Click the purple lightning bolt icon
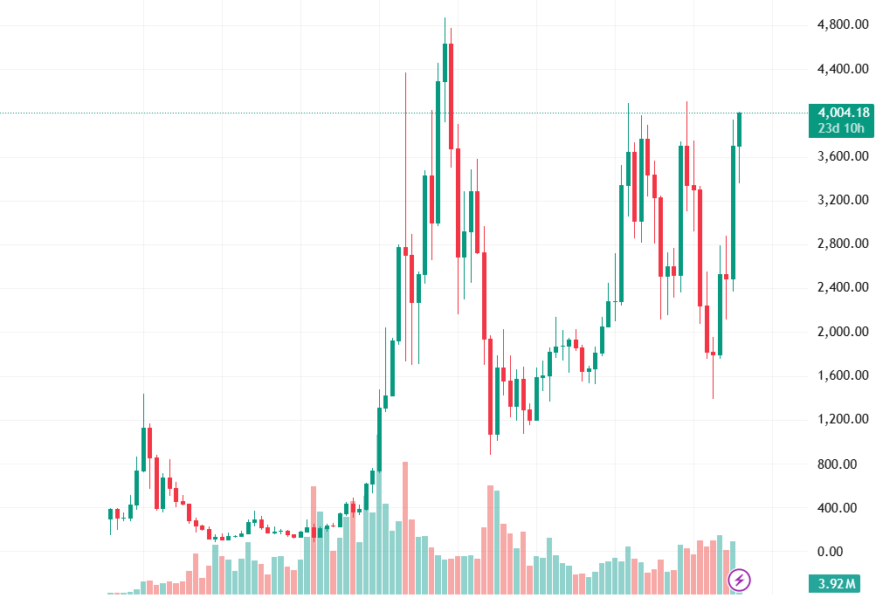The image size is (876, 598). point(740,579)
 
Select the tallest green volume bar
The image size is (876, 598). point(497,542)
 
